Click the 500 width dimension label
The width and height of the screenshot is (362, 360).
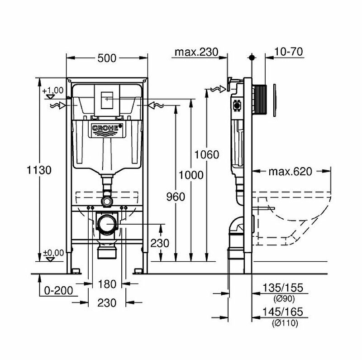point(107,58)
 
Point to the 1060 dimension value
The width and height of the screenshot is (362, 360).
point(207,154)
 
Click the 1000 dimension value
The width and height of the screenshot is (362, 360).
point(191,175)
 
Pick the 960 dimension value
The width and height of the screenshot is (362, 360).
point(175,197)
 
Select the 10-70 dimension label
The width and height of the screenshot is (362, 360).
point(288,52)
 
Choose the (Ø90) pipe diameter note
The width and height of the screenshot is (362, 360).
point(284,299)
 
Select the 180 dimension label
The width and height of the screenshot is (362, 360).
point(107,284)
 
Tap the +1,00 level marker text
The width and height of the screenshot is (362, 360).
point(51,90)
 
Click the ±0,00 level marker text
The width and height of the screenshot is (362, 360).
point(51,253)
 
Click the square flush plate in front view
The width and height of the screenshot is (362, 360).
point(107,101)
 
